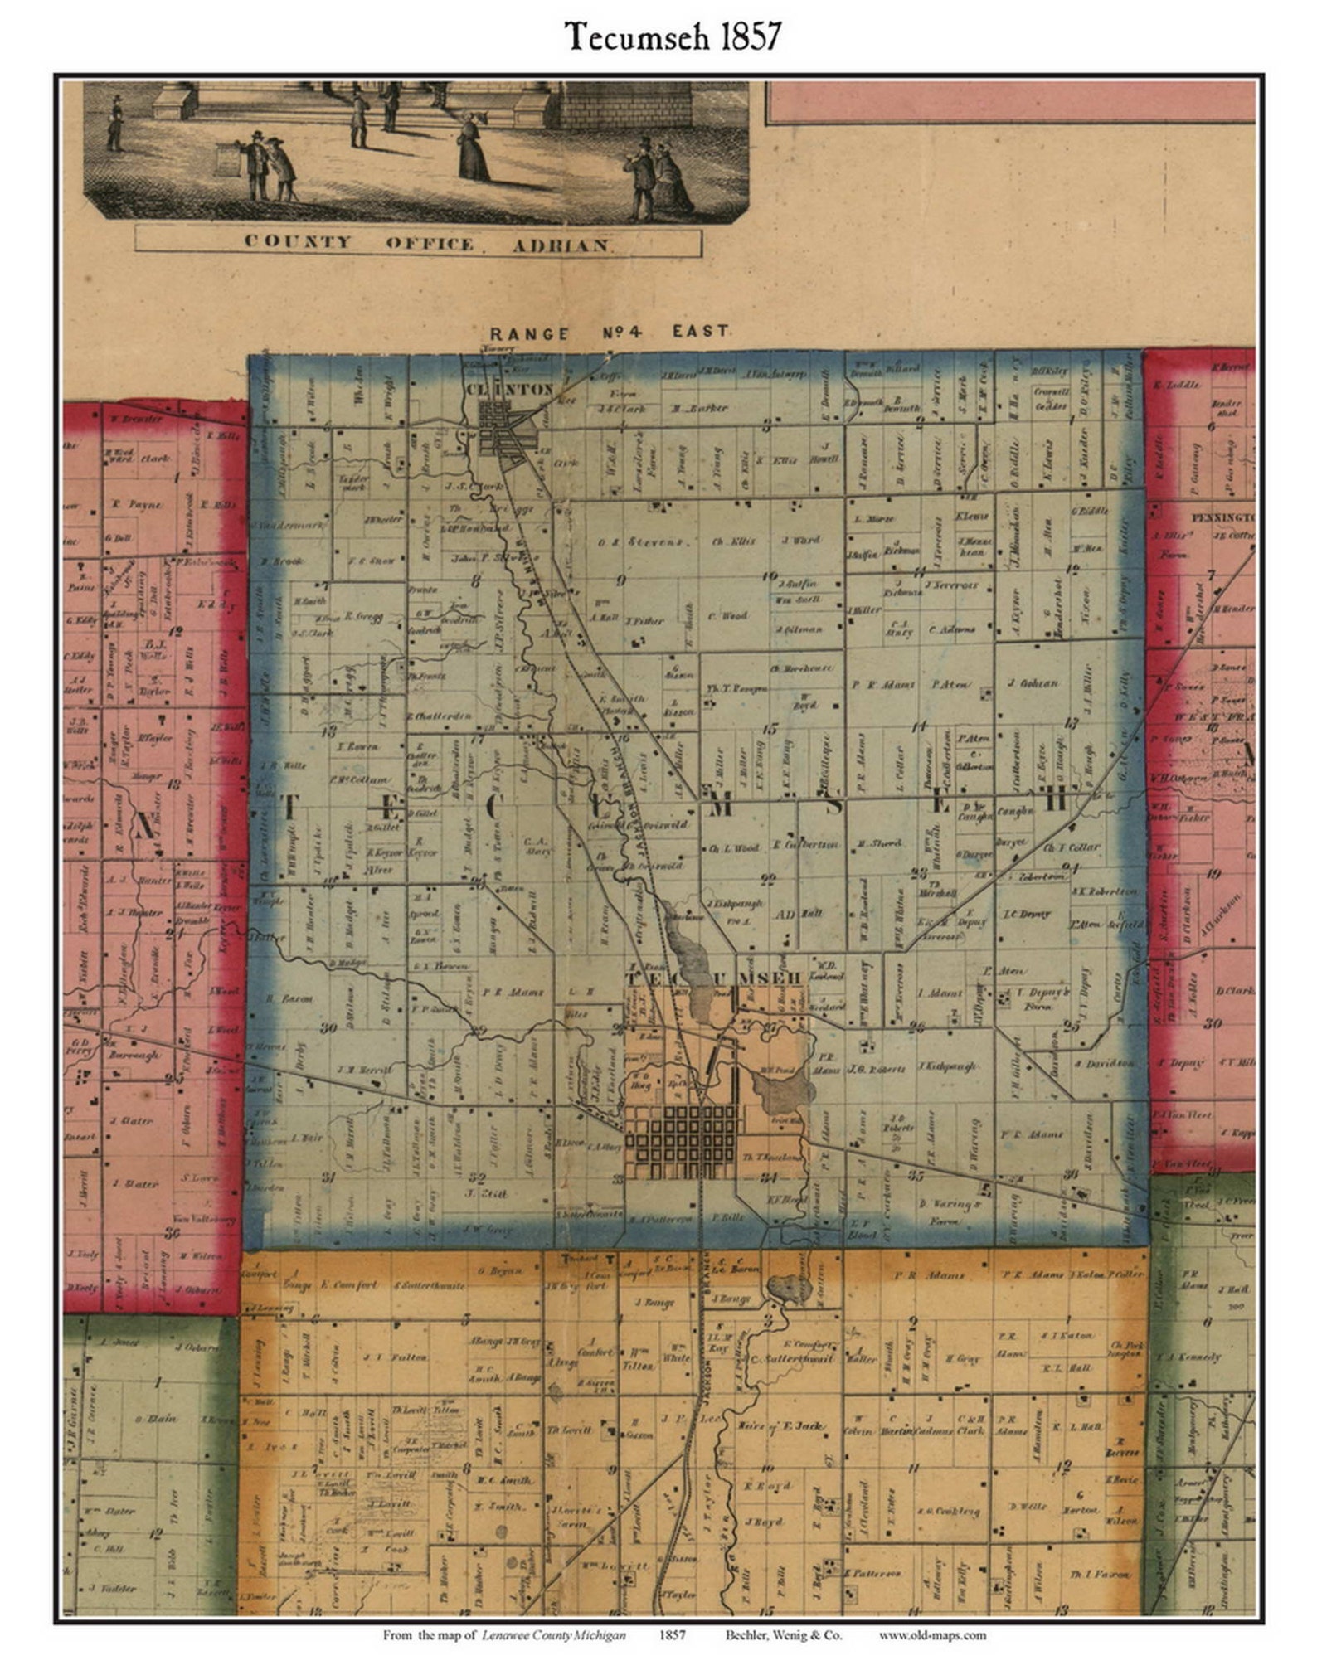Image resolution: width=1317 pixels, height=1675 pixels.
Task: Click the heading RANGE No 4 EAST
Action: click(606, 333)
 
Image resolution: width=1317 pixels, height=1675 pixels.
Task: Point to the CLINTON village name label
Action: click(508, 388)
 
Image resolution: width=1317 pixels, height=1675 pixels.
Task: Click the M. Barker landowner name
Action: click(699, 408)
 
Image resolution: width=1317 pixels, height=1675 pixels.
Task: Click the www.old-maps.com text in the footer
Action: click(932, 1635)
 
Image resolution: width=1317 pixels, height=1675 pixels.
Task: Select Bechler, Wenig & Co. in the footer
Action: click(783, 1635)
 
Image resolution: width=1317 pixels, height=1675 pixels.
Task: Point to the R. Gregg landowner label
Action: click(362, 616)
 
